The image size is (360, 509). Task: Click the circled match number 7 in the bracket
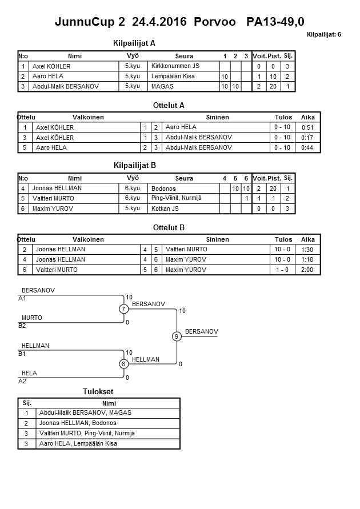coord(123,309)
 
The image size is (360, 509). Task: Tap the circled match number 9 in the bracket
coord(177,336)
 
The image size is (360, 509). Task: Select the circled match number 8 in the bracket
coord(123,364)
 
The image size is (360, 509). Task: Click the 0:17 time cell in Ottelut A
coord(307,138)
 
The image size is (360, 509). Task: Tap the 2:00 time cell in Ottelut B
coord(307,270)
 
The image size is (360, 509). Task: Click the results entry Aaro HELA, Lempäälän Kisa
coord(78,443)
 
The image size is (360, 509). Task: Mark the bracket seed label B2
coord(22,326)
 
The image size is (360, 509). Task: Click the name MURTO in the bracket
coord(32,318)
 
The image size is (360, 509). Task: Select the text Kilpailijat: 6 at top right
coord(324,35)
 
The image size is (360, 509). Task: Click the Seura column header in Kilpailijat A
coord(184,56)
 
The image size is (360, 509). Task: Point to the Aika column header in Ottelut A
coord(308,117)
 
